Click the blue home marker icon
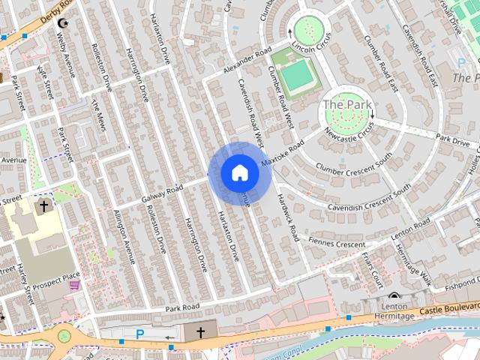239,172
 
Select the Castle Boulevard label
448,308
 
